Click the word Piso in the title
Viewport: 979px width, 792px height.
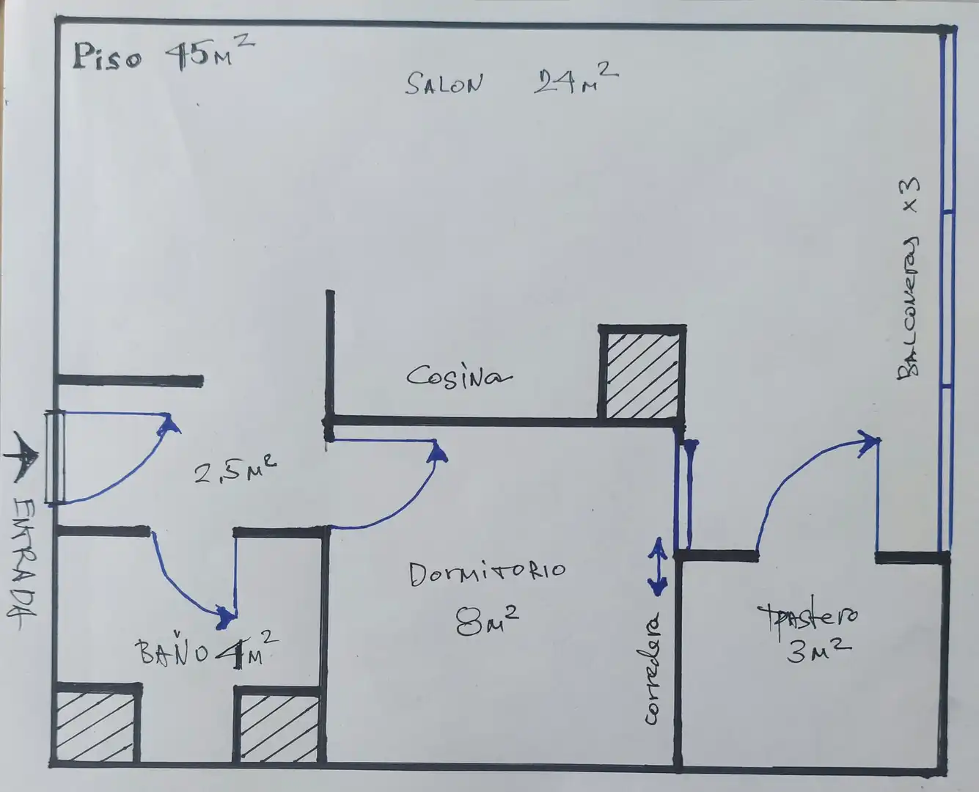pyautogui.click(x=108, y=57)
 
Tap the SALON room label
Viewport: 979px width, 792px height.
pyautogui.click(x=444, y=84)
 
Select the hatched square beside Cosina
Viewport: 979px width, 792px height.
pyautogui.click(x=642, y=375)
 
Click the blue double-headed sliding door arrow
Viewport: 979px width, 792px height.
pyautogui.click(x=658, y=567)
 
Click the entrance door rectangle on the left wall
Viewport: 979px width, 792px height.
pyautogui.click(x=55, y=456)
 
